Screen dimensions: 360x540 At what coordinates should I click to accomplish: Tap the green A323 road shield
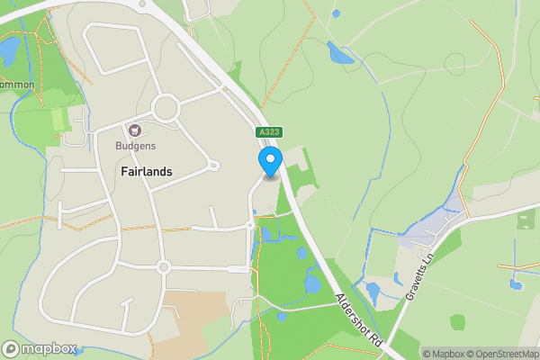269,132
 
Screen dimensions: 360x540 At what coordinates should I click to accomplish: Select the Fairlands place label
147,171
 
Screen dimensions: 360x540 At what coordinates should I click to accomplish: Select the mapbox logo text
43,348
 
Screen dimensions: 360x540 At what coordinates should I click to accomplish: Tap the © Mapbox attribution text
446,354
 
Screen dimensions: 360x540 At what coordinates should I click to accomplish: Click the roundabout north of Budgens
166,110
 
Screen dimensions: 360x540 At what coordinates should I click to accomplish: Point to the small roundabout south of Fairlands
163,266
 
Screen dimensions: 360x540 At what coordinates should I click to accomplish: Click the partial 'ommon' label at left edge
17,85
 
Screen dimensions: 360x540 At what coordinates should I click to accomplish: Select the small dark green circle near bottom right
458,321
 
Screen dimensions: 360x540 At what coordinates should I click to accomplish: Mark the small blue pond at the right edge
516,284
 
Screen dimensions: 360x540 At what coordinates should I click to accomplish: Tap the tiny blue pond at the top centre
336,13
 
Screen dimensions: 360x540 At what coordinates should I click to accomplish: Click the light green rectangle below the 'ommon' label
59,119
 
